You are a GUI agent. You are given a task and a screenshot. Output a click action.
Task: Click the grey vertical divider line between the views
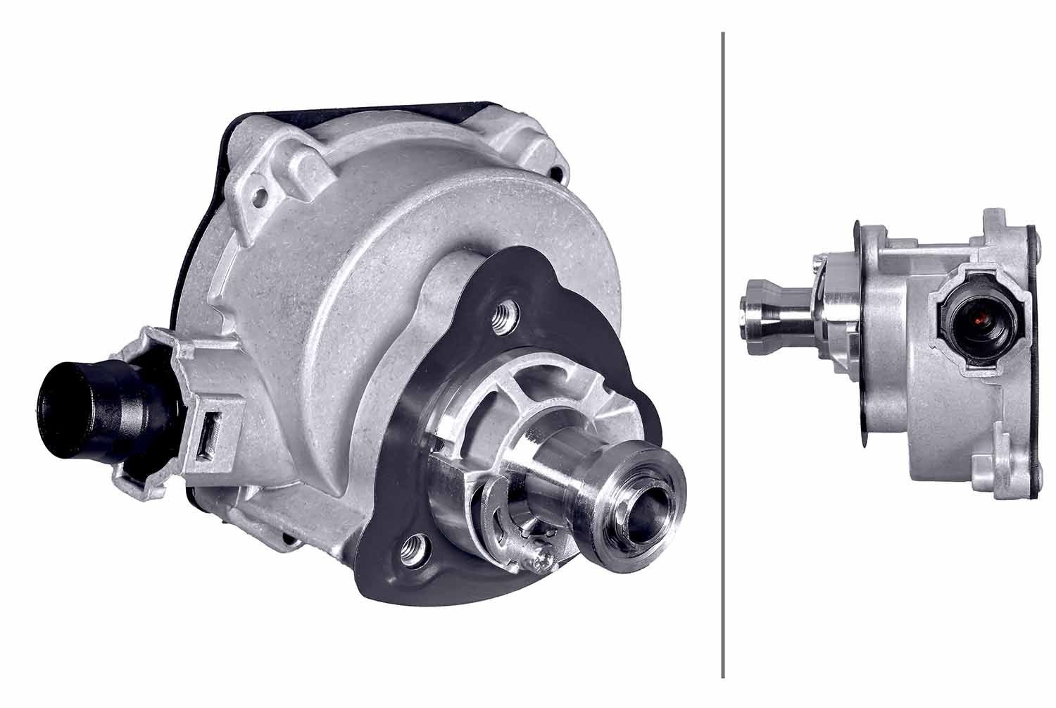723,352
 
